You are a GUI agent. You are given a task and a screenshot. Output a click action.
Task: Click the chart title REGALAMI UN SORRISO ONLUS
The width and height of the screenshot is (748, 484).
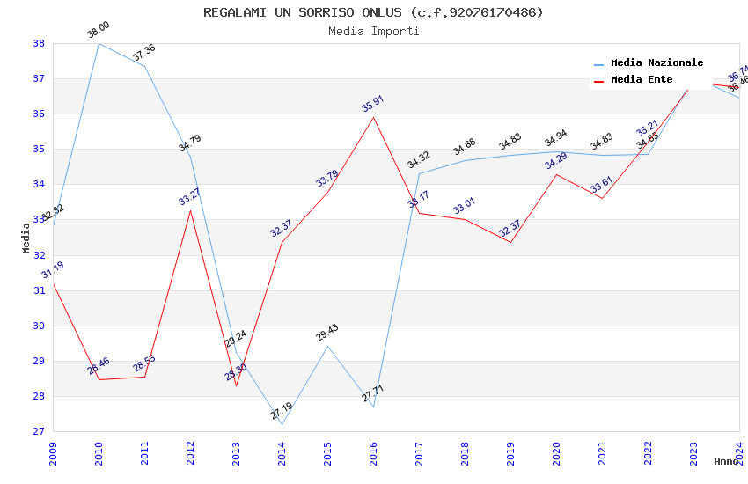[x=373, y=12]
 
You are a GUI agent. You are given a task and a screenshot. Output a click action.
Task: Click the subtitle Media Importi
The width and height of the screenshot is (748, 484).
[x=373, y=31]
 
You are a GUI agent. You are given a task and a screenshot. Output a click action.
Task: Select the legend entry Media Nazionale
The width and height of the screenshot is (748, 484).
[x=656, y=63]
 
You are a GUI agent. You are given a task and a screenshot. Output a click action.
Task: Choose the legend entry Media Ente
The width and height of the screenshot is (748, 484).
[x=642, y=80]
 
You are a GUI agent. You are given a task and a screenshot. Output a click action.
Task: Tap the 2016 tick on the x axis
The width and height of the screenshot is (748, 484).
[x=373, y=449]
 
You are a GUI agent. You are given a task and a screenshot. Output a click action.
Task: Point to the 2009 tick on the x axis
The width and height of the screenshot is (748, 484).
[x=53, y=449]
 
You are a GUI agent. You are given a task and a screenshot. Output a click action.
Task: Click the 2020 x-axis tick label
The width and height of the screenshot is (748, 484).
[x=556, y=449]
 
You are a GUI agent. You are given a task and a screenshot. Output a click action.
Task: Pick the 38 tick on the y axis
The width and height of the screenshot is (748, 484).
[x=39, y=43]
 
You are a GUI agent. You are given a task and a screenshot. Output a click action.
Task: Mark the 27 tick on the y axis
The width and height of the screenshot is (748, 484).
[x=39, y=431]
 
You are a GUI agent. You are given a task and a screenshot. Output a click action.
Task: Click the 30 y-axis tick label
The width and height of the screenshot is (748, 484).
[x=39, y=326]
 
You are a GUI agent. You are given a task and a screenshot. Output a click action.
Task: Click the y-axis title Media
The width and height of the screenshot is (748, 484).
[x=26, y=238]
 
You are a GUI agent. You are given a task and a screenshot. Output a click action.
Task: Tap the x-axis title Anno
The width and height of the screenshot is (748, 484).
[x=726, y=461]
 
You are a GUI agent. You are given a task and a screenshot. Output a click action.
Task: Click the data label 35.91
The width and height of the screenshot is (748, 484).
[x=373, y=104]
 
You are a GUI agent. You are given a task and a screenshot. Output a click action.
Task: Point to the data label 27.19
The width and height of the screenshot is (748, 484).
[x=282, y=411]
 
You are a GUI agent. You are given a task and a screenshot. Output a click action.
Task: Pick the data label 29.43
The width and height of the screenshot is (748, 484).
[x=327, y=333]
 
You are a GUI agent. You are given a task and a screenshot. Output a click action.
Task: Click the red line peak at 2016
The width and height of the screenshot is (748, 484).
[x=373, y=117]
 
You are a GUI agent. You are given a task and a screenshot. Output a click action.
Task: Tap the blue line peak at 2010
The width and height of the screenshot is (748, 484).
[x=99, y=43]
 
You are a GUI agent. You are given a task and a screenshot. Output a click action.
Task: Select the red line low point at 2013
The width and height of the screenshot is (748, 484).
[x=236, y=385]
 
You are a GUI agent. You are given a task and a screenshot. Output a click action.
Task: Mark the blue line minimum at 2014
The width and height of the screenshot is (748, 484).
[x=282, y=424]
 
